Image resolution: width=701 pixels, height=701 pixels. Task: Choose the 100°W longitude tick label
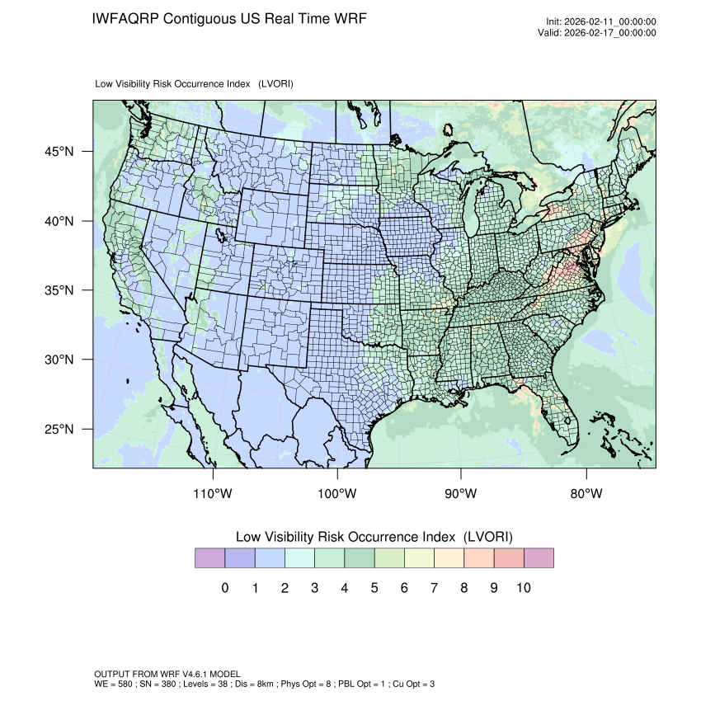click(x=337, y=494)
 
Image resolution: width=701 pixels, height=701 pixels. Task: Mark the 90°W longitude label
click(x=461, y=494)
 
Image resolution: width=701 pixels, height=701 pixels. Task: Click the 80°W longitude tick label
click(x=586, y=494)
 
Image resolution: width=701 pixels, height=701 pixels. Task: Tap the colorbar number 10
click(x=524, y=588)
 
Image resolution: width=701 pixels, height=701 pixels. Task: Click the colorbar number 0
click(x=224, y=588)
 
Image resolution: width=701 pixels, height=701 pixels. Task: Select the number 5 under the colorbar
click(x=374, y=588)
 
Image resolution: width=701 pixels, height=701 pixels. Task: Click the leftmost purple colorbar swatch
click(x=209, y=558)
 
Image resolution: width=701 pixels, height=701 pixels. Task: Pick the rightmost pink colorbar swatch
click(x=539, y=558)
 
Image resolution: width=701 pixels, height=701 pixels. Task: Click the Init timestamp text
click(x=601, y=22)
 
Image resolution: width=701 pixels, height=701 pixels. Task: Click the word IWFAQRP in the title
click(x=126, y=18)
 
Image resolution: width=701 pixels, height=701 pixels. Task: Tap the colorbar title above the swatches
click(x=374, y=536)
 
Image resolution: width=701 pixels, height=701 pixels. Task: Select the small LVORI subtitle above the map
click(x=195, y=84)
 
